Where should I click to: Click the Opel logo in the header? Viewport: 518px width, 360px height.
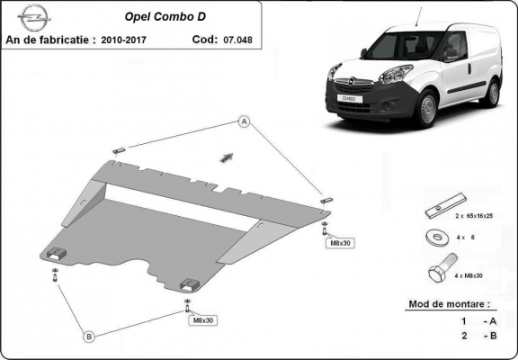pos(32,17)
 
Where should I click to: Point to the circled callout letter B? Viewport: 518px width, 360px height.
pos(89,337)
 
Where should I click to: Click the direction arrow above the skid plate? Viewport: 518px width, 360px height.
pos(227,157)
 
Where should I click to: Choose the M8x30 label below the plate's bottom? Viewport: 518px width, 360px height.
pos(201,319)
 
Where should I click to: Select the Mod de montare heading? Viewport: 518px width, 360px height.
pos(450,306)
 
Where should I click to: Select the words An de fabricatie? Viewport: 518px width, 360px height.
pos(49,40)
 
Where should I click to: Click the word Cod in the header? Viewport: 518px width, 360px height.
pos(205,40)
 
